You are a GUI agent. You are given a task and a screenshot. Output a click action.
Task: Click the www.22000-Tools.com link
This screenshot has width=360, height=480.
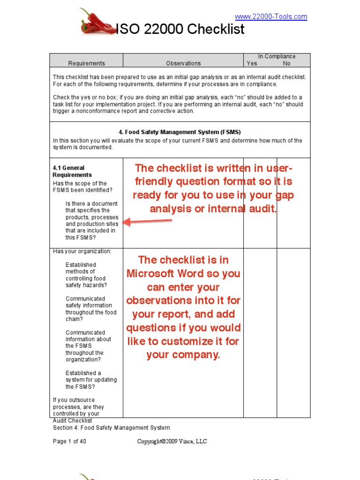[x=271, y=17]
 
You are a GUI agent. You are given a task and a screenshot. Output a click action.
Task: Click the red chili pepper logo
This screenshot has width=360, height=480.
[x=96, y=22]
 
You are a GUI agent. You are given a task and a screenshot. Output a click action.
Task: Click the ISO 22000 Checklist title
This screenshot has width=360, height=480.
[x=180, y=30]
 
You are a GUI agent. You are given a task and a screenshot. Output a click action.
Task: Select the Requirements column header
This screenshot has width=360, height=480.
[x=86, y=63]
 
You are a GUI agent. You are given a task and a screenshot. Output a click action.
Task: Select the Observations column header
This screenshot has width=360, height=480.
[x=183, y=63]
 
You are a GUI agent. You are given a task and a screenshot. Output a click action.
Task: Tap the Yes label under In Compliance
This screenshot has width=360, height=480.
[x=252, y=63]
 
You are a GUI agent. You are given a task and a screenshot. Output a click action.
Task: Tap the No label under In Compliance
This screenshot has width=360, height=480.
[x=286, y=63]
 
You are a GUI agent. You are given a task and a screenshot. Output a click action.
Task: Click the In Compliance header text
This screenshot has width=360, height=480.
[x=277, y=56]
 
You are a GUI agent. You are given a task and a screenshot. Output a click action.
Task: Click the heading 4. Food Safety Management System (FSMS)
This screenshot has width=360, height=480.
[x=180, y=132]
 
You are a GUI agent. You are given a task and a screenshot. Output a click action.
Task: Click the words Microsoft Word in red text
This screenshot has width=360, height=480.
[x=183, y=273]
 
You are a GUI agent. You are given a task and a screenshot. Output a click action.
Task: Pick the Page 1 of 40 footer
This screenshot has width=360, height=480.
[x=69, y=442]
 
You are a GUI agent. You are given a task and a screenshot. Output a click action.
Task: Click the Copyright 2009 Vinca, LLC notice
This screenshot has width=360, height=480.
[x=172, y=442]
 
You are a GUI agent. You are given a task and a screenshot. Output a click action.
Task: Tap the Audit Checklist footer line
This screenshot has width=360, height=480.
[x=72, y=421]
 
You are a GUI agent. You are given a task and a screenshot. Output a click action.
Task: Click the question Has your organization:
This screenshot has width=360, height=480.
[x=82, y=251]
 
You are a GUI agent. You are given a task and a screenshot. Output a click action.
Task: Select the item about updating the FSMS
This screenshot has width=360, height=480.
[x=91, y=380]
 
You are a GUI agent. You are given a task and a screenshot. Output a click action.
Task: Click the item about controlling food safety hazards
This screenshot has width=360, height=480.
[x=87, y=275]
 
